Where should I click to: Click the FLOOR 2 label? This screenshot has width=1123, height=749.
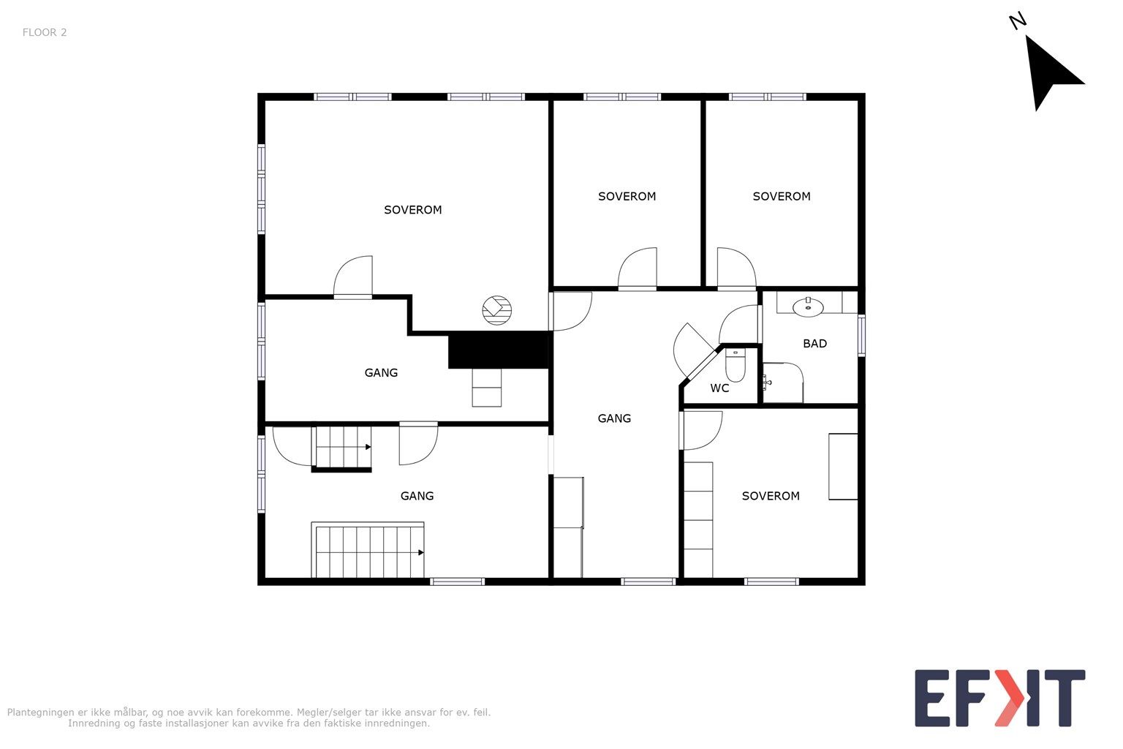tap(45, 33)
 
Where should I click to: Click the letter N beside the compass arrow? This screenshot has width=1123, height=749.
tap(1018, 21)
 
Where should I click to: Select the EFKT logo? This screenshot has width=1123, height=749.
tap(999, 698)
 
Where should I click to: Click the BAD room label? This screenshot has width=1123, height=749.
tap(814, 344)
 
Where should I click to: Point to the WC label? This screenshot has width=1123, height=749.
tap(719, 388)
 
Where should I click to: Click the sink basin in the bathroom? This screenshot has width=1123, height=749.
tap(808, 306)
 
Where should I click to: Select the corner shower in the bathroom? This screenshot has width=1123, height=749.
tap(783, 383)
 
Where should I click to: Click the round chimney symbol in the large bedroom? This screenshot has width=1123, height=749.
tap(497, 310)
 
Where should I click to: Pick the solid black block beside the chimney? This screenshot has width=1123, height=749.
tap(499, 350)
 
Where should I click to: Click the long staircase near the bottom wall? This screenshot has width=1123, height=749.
tap(368, 550)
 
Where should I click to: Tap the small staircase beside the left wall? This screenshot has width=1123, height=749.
tap(341, 448)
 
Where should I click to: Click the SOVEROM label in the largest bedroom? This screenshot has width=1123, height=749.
tap(412, 210)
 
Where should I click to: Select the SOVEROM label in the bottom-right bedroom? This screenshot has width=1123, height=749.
tap(771, 496)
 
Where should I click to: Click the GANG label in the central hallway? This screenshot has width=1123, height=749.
tap(614, 418)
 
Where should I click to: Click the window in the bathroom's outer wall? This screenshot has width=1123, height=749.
tap(861, 335)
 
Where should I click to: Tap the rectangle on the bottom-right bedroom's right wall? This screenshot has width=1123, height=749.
tap(843, 467)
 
